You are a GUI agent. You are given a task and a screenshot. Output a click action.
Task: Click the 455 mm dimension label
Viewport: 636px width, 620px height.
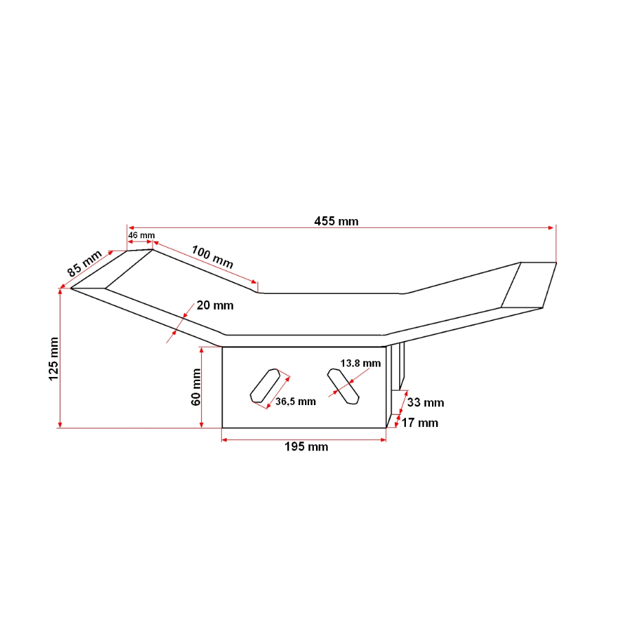point(337,221)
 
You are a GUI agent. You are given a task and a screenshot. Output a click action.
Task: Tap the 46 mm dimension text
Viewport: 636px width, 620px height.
point(141,236)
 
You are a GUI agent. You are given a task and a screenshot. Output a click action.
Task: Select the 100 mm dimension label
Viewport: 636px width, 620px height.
point(212,257)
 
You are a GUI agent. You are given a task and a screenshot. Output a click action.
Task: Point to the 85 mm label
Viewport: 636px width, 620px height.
point(84,264)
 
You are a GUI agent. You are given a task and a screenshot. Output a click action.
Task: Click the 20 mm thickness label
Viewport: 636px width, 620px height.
point(215,306)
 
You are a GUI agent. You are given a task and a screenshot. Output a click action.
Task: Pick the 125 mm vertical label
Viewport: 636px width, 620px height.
point(54,359)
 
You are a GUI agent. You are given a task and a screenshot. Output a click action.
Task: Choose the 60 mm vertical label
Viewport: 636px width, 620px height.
point(196,387)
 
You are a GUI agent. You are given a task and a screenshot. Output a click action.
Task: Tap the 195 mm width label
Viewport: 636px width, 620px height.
point(306,447)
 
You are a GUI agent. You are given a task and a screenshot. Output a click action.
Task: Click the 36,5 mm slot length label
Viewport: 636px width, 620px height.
point(295,402)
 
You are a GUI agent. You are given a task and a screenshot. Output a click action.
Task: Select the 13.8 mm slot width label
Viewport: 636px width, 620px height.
point(361,363)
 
